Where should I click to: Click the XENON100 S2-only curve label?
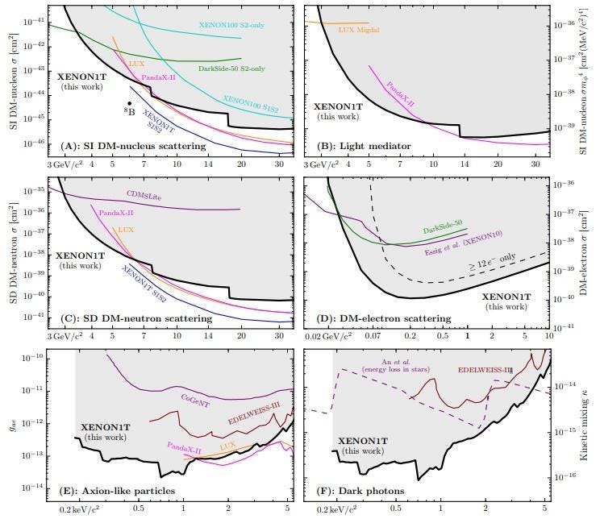231,24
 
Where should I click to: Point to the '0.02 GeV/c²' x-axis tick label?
325,335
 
